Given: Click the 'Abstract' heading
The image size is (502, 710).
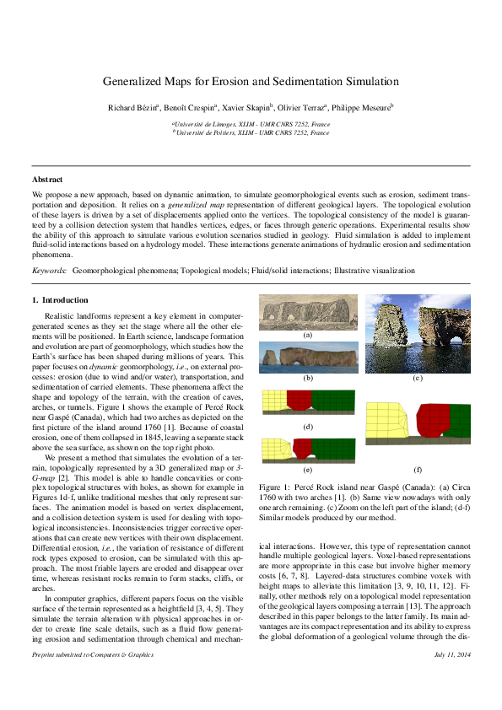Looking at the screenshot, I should [47, 180].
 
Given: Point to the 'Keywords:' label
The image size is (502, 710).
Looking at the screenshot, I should [49, 271].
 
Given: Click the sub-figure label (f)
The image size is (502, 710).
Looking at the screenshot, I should [417, 468].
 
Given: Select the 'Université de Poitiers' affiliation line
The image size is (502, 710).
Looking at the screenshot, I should [251, 133].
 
